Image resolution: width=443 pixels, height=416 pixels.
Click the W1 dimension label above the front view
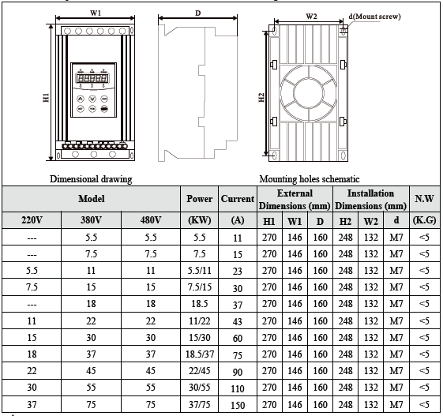coord(95,13)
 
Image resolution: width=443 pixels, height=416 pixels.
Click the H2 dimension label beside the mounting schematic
coord(261,98)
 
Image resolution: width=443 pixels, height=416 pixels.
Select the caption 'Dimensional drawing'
coord(91,179)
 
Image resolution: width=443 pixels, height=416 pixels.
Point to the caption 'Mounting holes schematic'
coord(310,179)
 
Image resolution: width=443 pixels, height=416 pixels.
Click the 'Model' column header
coord(91,199)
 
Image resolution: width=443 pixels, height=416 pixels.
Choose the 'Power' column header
coord(199,199)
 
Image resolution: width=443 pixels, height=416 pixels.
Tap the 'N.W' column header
coord(423,199)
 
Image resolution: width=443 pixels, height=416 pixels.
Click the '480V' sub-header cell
coord(151,219)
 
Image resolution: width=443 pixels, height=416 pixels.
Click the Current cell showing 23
coord(237,272)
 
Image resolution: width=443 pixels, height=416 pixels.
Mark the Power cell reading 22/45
coord(199,371)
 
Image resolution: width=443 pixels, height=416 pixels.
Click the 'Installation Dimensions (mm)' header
coord(371,199)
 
